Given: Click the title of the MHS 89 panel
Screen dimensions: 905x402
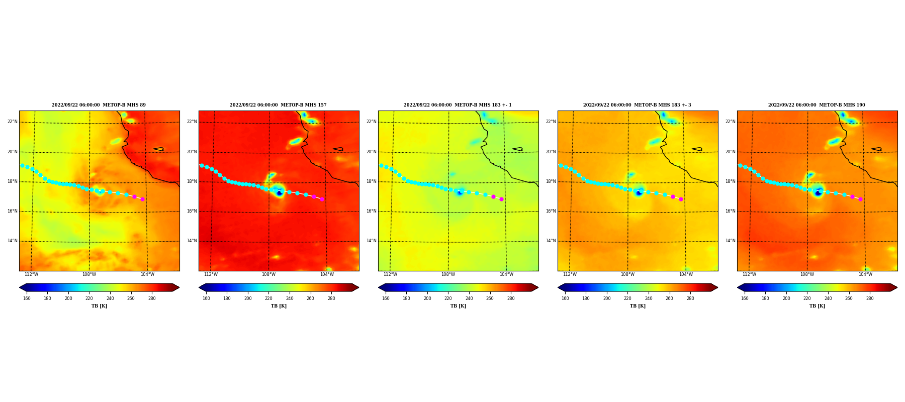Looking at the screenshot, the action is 99,105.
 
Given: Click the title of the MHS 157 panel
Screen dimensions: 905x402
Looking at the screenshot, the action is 278,105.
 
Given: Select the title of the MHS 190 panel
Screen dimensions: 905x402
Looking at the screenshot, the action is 817,105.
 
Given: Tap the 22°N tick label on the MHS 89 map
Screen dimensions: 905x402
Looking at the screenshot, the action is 13,122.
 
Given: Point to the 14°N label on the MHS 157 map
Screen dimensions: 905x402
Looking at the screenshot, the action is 192,241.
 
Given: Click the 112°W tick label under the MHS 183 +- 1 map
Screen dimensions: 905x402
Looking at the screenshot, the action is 390,274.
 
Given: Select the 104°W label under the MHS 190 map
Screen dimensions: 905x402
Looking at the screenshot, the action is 865,274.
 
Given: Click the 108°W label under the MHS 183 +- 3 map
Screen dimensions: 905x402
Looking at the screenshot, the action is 627,274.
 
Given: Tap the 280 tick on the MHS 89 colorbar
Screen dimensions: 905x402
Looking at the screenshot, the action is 152,298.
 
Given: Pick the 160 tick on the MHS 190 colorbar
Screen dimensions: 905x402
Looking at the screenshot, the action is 745,298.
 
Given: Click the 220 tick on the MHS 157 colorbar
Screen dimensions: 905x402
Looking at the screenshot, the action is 268,298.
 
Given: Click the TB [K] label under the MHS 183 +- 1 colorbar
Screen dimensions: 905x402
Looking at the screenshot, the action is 458,306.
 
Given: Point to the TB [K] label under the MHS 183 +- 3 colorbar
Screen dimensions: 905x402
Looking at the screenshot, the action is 638,306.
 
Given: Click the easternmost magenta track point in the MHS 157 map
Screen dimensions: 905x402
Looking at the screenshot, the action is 322,199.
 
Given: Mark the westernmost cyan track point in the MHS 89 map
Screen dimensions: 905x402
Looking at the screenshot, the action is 22,165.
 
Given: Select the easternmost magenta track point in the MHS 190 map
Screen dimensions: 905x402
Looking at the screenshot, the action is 860,199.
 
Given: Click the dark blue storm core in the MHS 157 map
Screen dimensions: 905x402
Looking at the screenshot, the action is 279,193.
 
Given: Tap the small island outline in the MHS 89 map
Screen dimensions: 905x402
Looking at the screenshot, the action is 158,149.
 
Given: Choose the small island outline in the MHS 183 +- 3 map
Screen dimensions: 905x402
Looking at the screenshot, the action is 697,149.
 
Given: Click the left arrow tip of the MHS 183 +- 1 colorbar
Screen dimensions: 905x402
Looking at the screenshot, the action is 379,287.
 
